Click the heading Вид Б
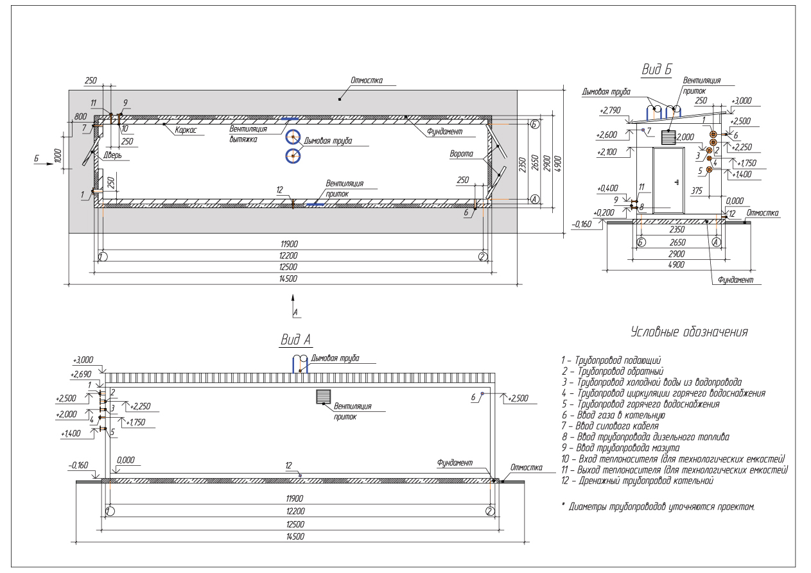(x=656, y=69)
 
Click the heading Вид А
(x=296, y=339)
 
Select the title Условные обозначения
(x=689, y=332)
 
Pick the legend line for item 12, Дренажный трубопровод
(x=637, y=481)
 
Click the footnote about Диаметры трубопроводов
(x=658, y=506)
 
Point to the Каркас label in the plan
(x=186, y=130)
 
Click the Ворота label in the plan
(x=461, y=154)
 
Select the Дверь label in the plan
(x=112, y=155)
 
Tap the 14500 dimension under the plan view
(x=288, y=279)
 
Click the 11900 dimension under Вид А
(x=294, y=499)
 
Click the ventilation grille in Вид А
(x=324, y=397)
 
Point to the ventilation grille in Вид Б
(x=668, y=137)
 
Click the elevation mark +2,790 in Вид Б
(x=610, y=110)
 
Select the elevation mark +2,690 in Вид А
(x=81, y=374)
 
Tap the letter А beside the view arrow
(x=295, y=312)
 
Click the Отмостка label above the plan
(x=367, y=80)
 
